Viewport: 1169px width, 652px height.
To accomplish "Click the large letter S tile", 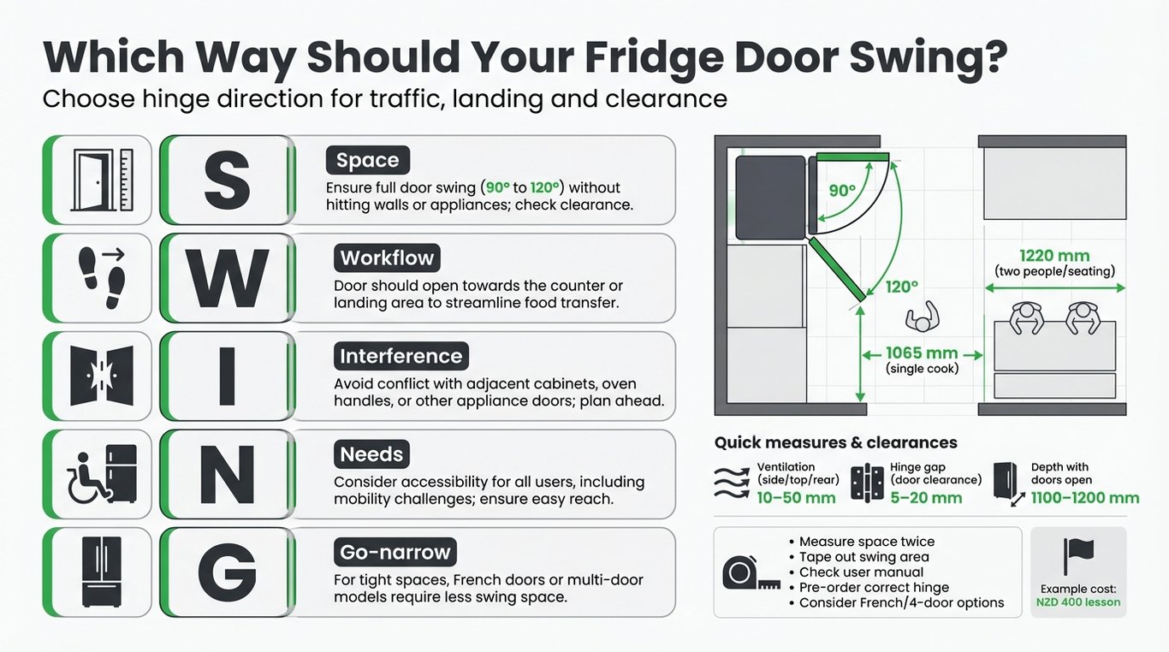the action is tap(227, 180).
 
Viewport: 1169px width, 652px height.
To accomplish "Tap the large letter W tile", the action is tap(227, 278).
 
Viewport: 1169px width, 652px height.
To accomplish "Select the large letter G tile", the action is tap(227, 572).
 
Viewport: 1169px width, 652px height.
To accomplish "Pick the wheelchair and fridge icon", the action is tap(102, 474).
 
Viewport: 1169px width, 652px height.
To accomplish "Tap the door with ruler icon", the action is tap(104, 180).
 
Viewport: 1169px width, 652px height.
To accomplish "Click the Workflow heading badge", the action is tap(387, 258).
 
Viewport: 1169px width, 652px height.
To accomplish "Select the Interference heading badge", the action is tap(401, 356).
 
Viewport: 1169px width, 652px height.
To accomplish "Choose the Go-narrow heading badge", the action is tap(395, 552).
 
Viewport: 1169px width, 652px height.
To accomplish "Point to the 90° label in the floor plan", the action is tap(842, 191).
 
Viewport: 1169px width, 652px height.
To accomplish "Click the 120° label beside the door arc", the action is tap(901, 287).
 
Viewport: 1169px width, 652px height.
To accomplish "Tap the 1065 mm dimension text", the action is tap(922, 353).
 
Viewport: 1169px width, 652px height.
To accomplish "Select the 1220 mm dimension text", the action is tap(1054, 256).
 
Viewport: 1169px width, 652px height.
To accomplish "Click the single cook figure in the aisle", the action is tap(923, 317).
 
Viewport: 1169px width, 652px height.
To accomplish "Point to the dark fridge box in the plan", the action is tap(770, 198).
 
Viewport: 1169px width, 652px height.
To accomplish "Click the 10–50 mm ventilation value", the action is tap(796, 498).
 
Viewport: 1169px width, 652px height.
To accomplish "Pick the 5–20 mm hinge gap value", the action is tap(926, 498).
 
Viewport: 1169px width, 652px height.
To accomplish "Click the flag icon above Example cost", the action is tap(1078, 556).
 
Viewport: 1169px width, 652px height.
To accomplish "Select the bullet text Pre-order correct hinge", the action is tap(874, 587).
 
